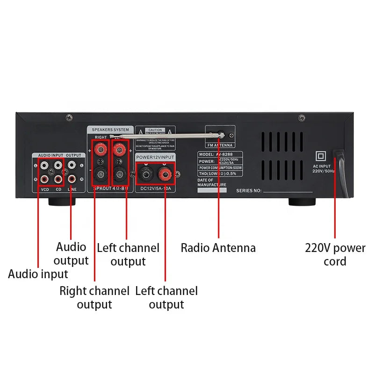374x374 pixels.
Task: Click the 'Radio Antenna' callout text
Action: point(218,247)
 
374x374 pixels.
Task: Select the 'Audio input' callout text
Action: point(38,274)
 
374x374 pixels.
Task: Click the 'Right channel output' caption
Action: point(94,298)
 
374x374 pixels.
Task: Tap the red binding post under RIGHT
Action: point(100,150)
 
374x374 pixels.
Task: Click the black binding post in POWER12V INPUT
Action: point(146,176)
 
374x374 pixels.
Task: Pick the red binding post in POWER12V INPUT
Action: point(165,176)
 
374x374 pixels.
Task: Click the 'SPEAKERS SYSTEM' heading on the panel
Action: point(110,129)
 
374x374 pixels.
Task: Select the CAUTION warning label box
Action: point(155,138)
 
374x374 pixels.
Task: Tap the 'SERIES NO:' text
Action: point(249,191)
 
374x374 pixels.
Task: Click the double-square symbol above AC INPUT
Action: point(321,156)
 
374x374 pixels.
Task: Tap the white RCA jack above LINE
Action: point(72,165)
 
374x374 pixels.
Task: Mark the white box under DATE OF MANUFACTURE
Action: point(212,190)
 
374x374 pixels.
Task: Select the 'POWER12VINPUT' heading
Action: point(155,158)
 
